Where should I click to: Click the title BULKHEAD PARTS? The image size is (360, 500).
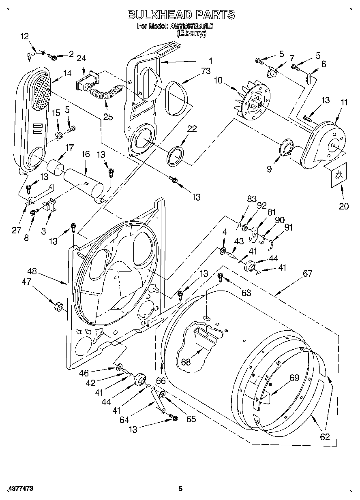point(181,15)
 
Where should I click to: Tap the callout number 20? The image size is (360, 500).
point(343,206)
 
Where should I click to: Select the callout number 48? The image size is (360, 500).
point(32,271)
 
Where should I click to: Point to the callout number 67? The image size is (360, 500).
point(307,274)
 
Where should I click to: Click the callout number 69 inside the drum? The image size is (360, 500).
point(294,378)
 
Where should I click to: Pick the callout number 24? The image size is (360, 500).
point(81,58)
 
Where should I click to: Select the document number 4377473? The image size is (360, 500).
point(20,489)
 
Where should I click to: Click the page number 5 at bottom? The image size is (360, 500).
point(181,489)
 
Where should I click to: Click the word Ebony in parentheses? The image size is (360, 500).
point(191,34)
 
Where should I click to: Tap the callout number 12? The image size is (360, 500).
point(24,36)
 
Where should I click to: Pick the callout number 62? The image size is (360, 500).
point(324,437)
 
